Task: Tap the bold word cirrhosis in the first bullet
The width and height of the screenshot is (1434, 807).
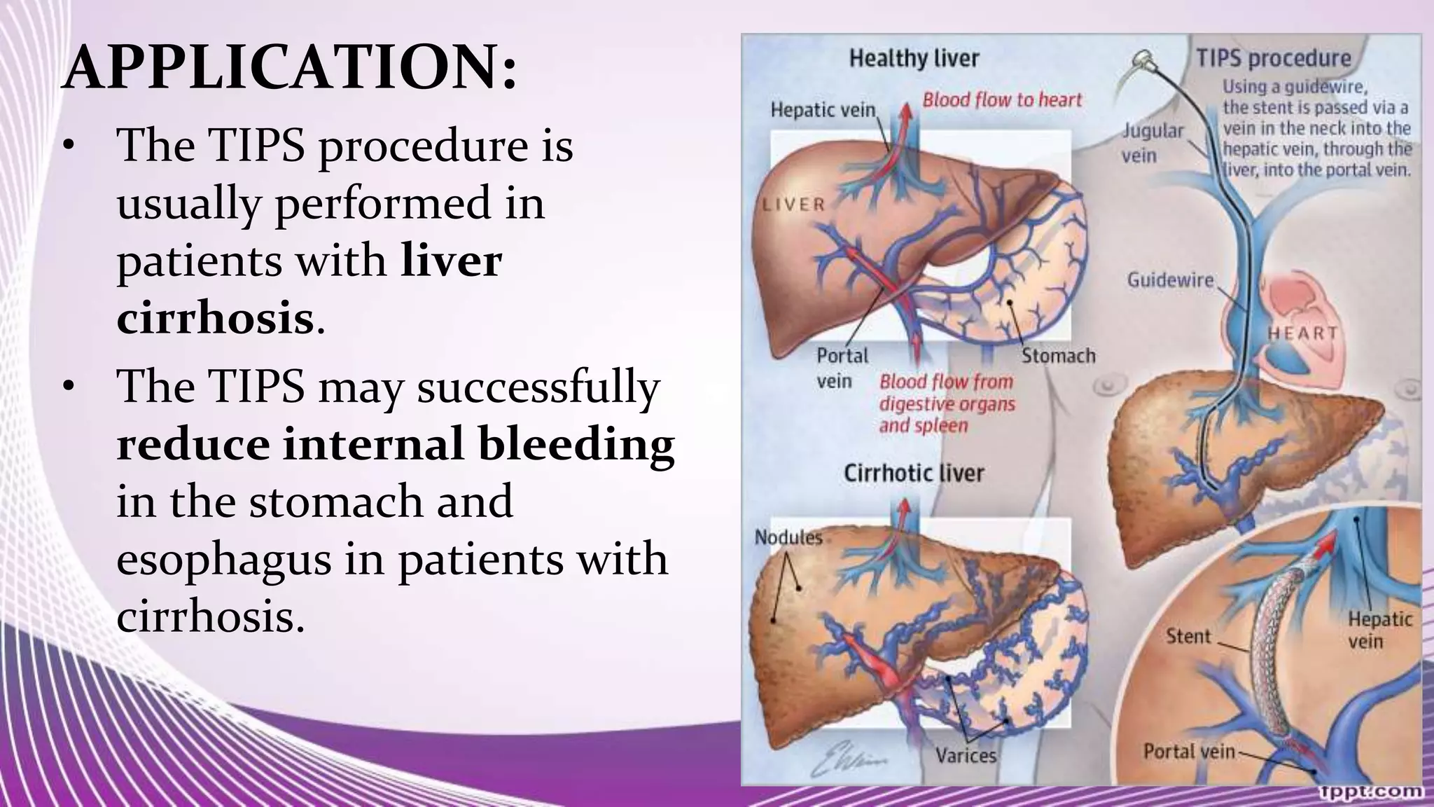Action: (x=215, y=319)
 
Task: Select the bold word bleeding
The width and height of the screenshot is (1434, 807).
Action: (x=576, y=445)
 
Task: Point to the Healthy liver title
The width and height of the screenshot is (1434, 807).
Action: (x=914, y=58)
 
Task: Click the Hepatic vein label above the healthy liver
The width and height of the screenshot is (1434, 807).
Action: (x=823, y=110)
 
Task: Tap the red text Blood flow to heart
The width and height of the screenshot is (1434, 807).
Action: (x=1002, y=100)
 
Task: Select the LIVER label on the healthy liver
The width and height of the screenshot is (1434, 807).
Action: (x=794, y=205)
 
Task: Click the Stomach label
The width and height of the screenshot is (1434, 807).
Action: (x=1058, y=356)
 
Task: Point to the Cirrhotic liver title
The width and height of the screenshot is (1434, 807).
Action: (x=914, y=474)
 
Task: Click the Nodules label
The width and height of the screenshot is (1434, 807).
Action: (x=788, y=537)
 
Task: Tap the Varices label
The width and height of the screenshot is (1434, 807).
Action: (x=966, y=755)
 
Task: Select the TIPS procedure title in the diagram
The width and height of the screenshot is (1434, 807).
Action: (x=1273, y=58)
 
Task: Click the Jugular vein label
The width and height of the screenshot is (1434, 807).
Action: (x=1153, y=142)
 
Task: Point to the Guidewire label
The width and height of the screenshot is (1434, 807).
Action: (x=1169, y=280)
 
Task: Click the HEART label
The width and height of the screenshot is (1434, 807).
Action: (x=1302, y=333)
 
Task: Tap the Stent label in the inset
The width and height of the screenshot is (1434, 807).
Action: (x=1188, y=636)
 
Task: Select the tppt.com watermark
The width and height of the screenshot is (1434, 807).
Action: (x=1371, y=792)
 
